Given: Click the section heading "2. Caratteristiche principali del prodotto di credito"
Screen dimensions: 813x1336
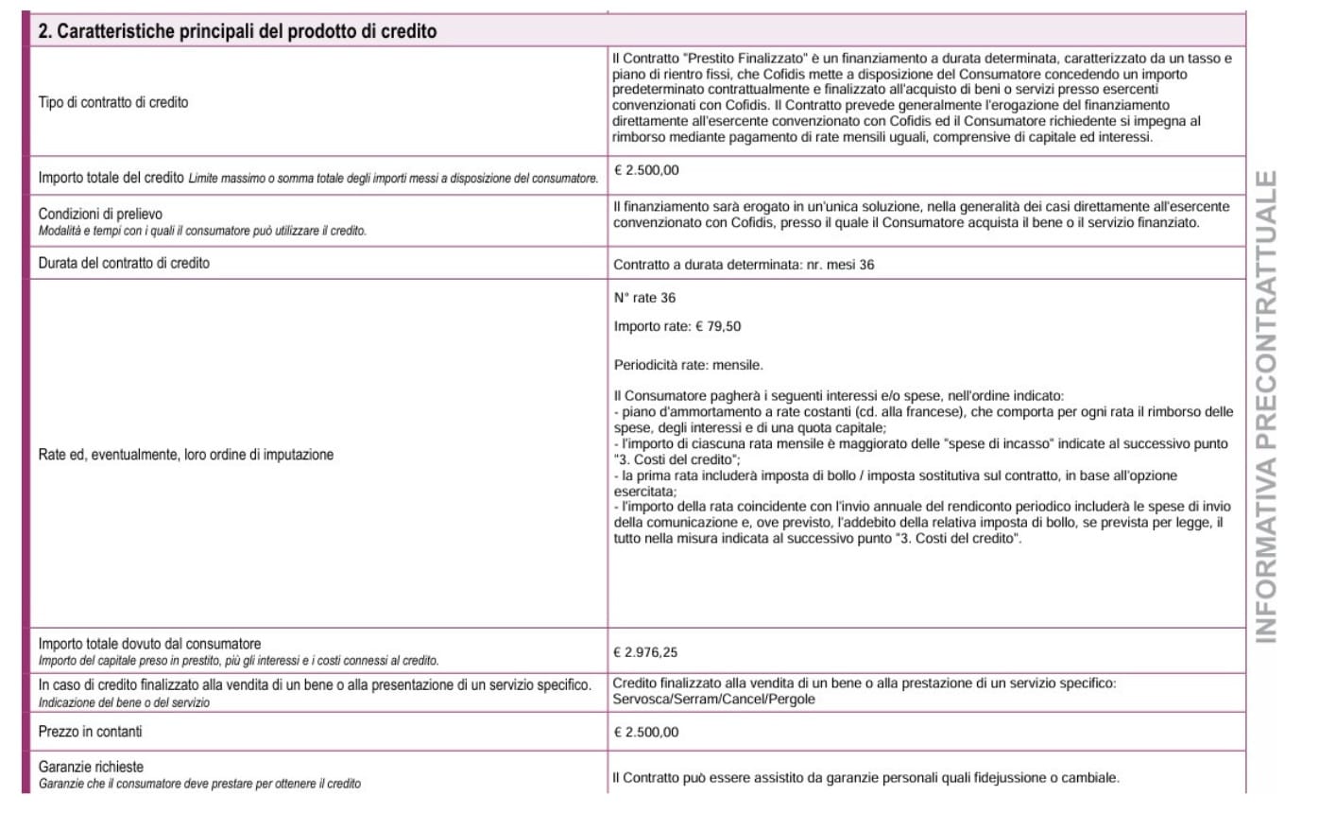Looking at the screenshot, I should tap(237, 31).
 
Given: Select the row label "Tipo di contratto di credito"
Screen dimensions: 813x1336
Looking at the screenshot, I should tap(113, 102).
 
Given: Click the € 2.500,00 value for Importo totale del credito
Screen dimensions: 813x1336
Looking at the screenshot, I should tap(646, 171).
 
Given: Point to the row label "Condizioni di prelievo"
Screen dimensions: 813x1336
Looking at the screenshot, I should tap(100, 214).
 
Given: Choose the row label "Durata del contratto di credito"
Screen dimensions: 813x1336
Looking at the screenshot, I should tap(124, 263).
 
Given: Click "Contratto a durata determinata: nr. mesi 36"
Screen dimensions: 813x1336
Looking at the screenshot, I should tap(744, 265).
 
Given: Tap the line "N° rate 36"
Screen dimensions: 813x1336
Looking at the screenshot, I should tap(644, 298).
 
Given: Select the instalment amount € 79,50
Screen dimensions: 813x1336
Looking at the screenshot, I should tap(718, 327).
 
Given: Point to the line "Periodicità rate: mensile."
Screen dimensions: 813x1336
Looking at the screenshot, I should tap(688, 365).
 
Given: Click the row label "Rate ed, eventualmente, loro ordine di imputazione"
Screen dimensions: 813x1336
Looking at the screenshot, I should tap(186, 455).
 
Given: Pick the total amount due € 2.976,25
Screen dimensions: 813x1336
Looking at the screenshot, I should tap(645, 652).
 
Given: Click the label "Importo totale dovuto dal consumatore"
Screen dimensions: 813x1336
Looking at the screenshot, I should tap(149, 644).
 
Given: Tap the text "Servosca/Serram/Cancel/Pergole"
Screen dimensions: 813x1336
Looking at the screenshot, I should tap(713, 700).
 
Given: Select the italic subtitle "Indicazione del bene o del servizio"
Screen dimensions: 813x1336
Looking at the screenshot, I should tap(124, 702).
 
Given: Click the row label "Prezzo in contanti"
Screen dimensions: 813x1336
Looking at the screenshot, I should tap(91, 732).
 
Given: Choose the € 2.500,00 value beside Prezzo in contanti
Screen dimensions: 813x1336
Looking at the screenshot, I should tap(645, 733).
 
